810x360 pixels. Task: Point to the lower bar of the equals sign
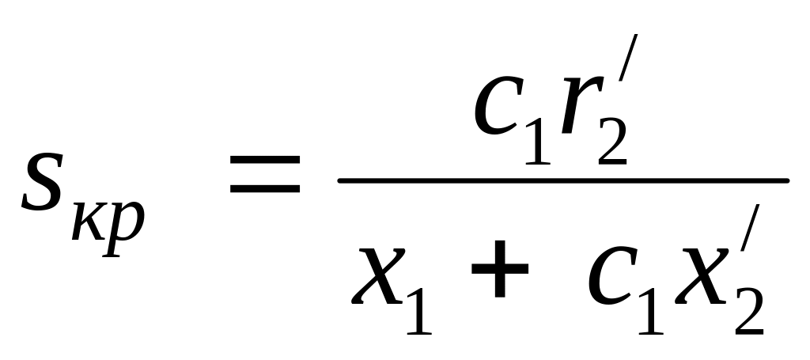[x=265, y=190]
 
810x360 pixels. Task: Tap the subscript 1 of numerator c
[x=536, y=142]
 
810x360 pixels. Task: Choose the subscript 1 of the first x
[x=418, y=313]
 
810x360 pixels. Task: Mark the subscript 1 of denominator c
[x=649, y=313]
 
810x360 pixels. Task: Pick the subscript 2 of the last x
[x=748, y=313]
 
